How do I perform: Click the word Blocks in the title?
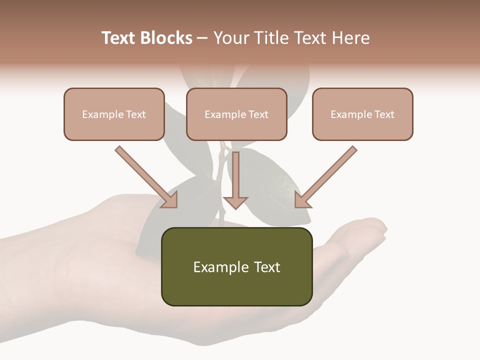(x=167, y=38)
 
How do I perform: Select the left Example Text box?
(x=114, y=114)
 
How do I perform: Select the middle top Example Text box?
(x=236, y=114)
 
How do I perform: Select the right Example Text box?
(x=362, y=114)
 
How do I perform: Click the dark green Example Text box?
(x=236, y=266)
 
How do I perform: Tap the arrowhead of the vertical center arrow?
(x=235, y=202)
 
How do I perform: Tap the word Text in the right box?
(x=384, y=114)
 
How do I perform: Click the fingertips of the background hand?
(x=377, y=227)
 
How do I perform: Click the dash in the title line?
(x=202, y=38)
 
